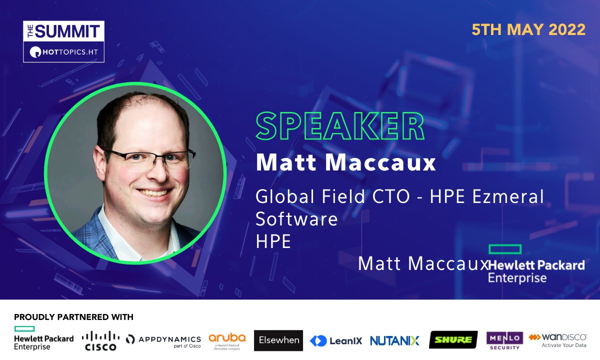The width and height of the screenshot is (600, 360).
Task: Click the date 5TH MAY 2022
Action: coord(528,29)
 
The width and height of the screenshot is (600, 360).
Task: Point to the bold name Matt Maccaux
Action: coord(346,163)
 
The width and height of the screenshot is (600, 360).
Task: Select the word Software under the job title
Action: coord(297,218)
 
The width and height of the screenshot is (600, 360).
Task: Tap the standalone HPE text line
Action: coord(273,241)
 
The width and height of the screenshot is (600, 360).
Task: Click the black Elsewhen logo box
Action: coord(278,340)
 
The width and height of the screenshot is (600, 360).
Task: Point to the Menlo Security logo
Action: coord(504,340)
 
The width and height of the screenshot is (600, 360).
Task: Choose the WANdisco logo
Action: coord(557,340)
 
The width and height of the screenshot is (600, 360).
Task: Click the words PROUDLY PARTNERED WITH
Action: coord(73,317)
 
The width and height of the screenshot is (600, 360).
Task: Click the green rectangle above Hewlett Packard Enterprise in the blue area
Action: coord(504,249)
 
